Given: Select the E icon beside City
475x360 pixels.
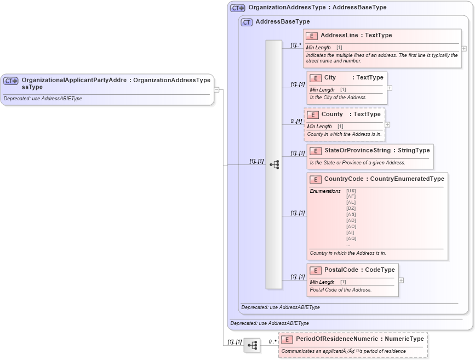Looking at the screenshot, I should pyautogui.click(x=315, y=78).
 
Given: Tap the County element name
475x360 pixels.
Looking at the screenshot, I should pyautogui.click(x=332, y=115).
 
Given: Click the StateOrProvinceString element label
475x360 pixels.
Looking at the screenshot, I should pyautogui.click(x=357, y=150).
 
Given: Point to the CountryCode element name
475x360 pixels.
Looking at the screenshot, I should pyautogui.click(x=344, y=179).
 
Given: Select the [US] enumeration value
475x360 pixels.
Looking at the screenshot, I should pyautogui.click(x=351, y=191).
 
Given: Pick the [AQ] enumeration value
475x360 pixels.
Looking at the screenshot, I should pyautogui.click(x=351, y=238).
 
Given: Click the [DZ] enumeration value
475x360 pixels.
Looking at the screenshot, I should pyautogui.click(x=351, y=208).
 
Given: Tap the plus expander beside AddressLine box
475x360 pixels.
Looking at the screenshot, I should pyautogui.click(x=464, y=48).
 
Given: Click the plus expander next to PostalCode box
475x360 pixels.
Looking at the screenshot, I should pyautogui.click(x=401, y=280).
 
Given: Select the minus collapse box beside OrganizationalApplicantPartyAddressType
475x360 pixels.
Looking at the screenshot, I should pyautogui.click(x=217, y=90).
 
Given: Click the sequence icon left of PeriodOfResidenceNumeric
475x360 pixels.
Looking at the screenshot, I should pyautogui.click(x=252, y=345).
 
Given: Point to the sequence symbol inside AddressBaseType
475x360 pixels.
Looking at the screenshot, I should pyautogui.click(x=274, y=164).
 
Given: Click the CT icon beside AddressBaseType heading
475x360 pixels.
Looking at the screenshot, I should pyautogui.click(x=247, y=22).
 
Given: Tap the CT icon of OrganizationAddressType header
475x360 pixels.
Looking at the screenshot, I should pyautogui.click(x=237, y=8).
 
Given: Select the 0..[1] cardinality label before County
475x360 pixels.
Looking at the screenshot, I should pyautogui.click(x=296, y=121).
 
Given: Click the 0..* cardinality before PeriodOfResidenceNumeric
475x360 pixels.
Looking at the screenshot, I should pyautogui.click(x=272, y=341).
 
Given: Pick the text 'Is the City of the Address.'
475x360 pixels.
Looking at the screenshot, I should pyautogui.click(x=338, y=98).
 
